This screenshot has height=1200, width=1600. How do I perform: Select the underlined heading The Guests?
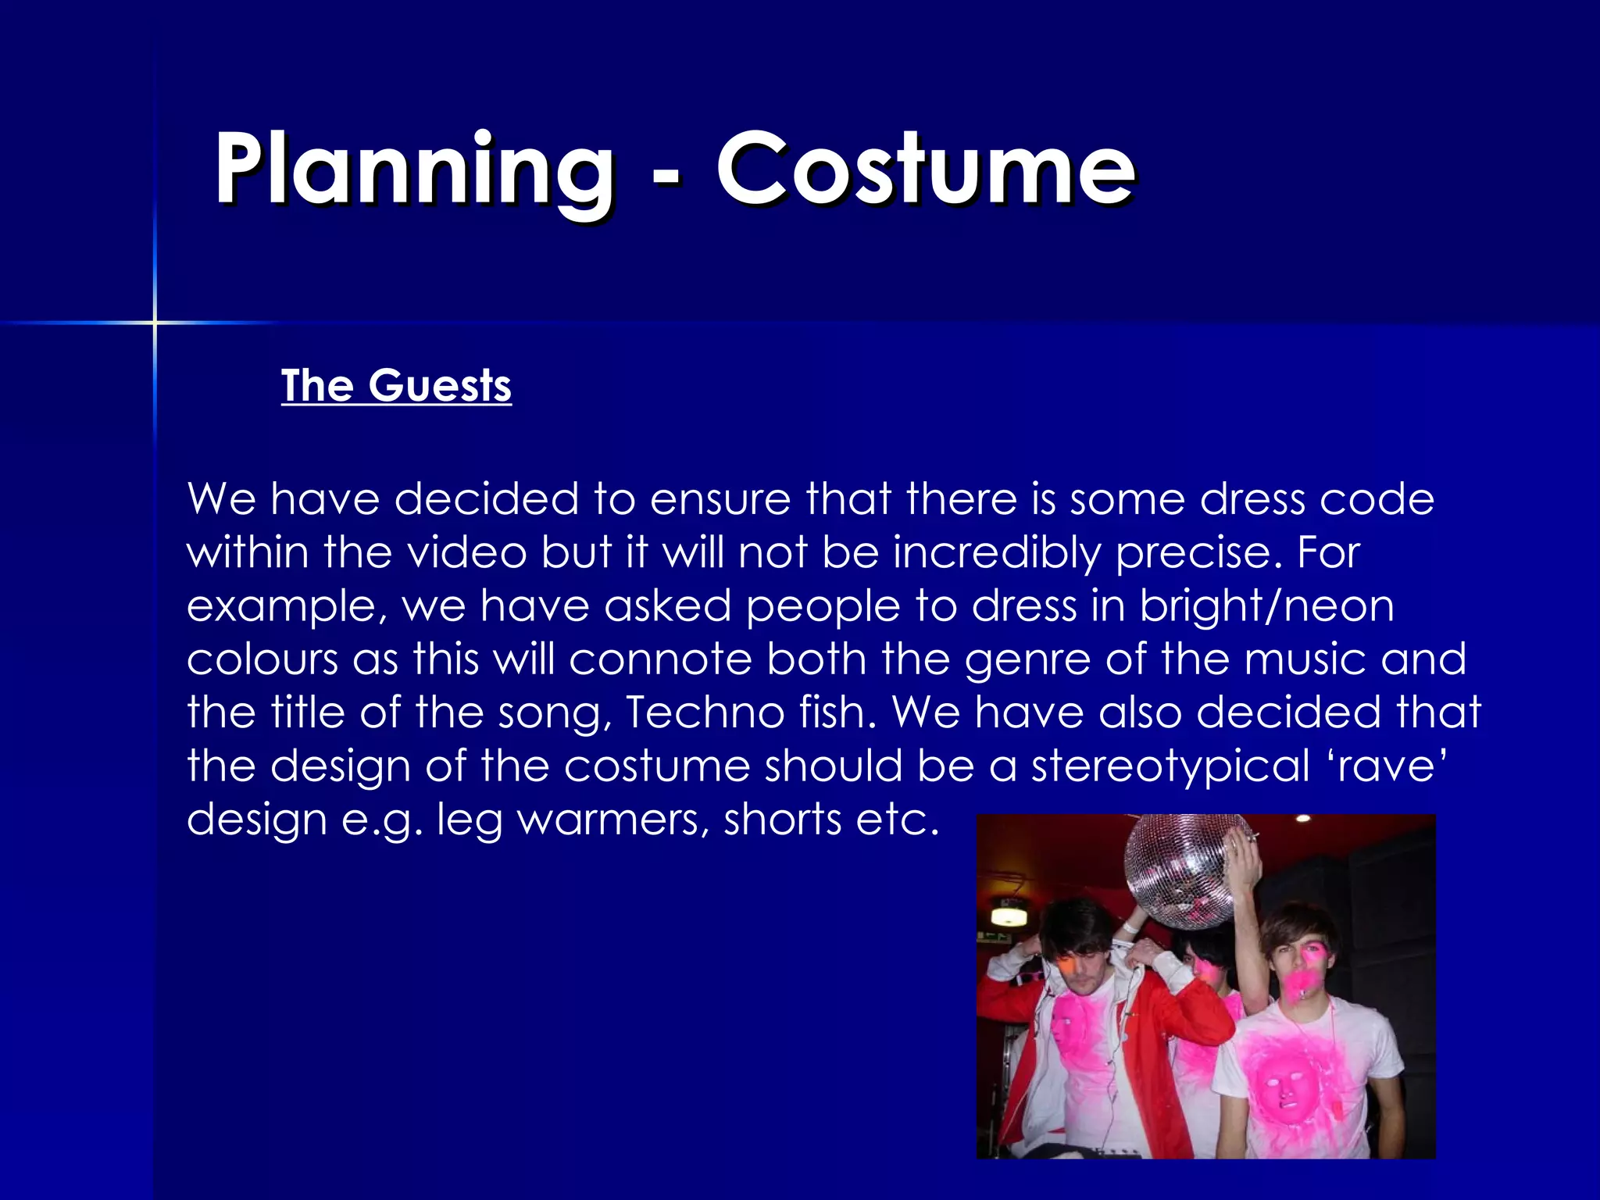pyautogui.click(x=396, y=386)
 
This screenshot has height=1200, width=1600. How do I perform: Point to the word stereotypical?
pyautogui.click(x=1170, y=766)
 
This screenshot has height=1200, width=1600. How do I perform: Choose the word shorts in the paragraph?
pyautogui.click(x=782, y=819)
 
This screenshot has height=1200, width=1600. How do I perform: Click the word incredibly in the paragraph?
pyautogui.click(x=997, y=552)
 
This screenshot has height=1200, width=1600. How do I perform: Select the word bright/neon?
pyautogui.click(x=1266, y=605)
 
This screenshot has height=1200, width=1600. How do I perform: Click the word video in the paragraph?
pyautogui.click(x=467, y=552)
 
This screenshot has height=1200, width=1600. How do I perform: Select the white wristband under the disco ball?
pyautogui.click(x=1130, y=927)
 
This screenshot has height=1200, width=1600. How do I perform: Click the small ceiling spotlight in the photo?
pyautogui.click(x=1302, y=819)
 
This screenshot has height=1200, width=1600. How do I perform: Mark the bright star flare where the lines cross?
pyautogui.click(x=155, y=322)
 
